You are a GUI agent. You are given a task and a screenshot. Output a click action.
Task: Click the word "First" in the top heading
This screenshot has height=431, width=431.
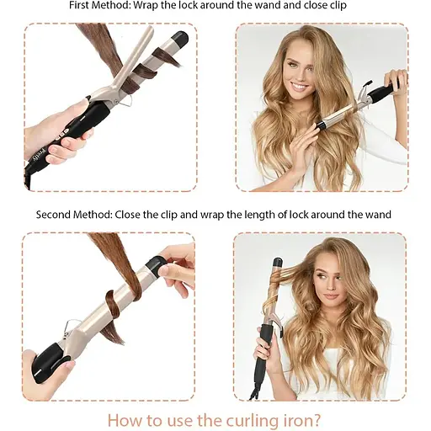(79, 5)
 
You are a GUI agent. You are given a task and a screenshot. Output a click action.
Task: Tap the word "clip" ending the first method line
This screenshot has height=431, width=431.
(338, 6)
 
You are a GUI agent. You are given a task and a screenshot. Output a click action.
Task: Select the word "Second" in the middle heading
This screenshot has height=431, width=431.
(53, 215)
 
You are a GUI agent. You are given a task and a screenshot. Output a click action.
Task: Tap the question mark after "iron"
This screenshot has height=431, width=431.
(316, 420)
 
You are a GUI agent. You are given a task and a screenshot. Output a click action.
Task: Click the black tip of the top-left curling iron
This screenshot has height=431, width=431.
(179, 40)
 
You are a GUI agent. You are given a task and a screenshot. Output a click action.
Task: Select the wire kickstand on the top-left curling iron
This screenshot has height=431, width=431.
(125, 101)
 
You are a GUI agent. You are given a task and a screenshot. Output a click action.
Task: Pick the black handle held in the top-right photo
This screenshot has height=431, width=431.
(382, 92)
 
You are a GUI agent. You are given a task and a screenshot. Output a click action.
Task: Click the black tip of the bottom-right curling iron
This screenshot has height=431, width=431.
(278, 263)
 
